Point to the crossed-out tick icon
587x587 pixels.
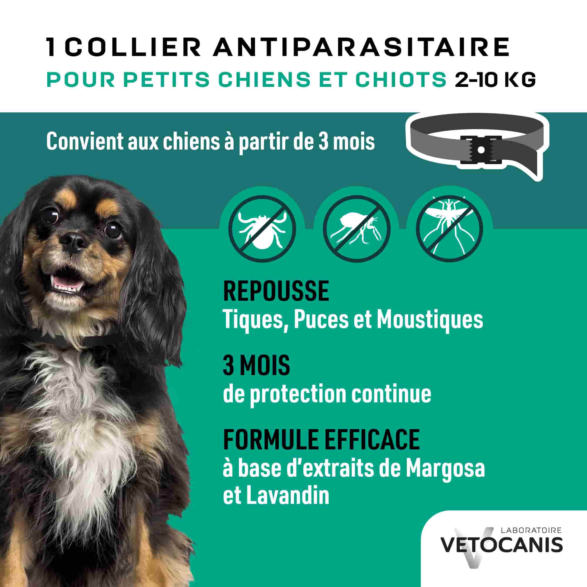[262, 228]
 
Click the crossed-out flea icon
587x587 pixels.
[356, 228]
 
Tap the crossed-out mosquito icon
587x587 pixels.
[449, 228]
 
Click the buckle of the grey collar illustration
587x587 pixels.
[481, 149]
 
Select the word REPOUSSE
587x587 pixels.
[276, 291]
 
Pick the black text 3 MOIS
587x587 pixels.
[257, 366]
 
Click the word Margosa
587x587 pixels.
[445, 469]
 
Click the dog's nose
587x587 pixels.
[72, 241]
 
